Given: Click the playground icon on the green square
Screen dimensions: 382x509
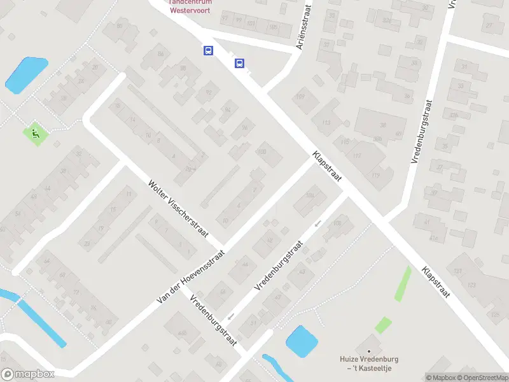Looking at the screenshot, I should pos(36,134).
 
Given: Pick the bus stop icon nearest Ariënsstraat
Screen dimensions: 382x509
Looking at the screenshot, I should pos(240,63).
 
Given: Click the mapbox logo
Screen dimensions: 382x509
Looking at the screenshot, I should pos(28,374).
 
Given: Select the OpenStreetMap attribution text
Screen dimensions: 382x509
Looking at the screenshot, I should pos(481,378).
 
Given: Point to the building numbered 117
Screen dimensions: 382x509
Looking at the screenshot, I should pos(357,156).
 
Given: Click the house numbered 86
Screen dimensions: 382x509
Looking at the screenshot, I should pos(160,55).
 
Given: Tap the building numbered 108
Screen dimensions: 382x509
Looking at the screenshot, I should pos(337,223).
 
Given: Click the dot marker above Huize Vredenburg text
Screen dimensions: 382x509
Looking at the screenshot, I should pos(367,351).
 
